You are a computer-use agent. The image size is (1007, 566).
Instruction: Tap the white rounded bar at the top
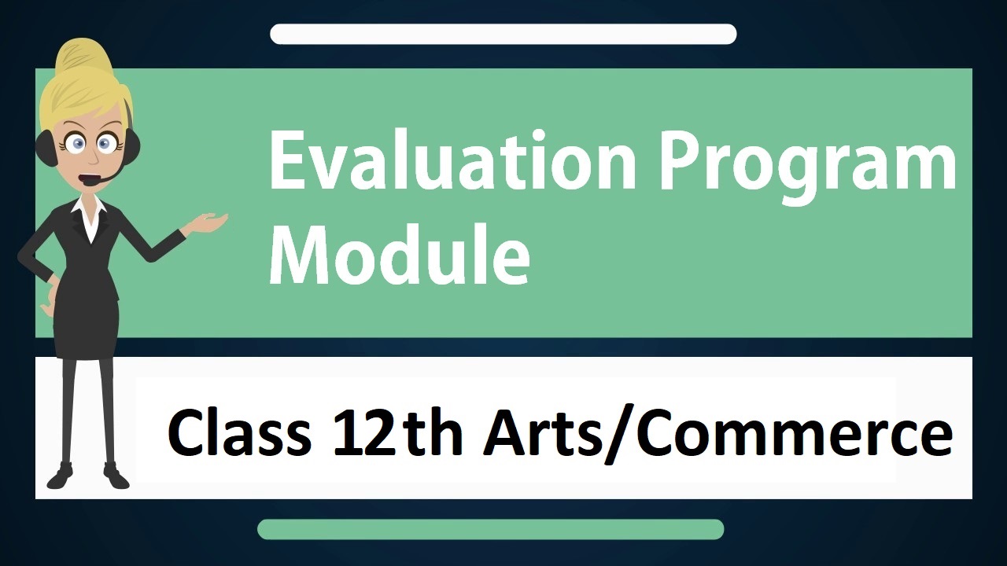tap(503, 34)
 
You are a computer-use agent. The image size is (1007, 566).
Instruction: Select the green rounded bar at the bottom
tap(490, 529)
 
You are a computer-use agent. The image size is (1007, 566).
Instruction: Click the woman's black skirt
tap(87, 328)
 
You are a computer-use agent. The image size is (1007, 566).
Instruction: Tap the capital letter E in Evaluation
tap(287, 161)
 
